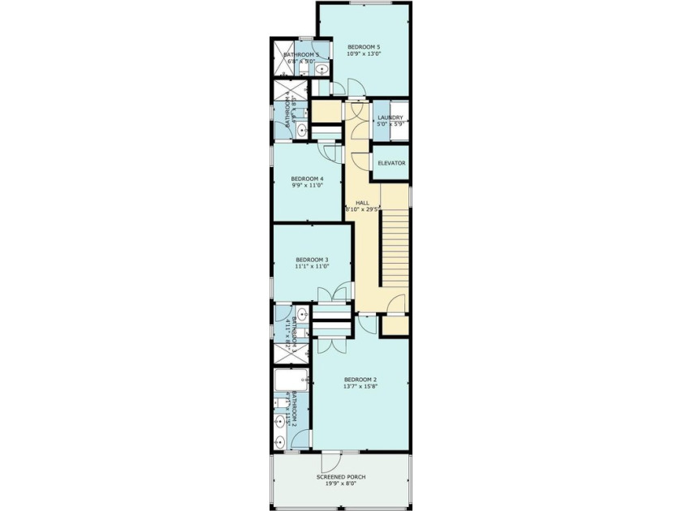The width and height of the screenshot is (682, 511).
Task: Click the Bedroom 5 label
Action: click(363, 47)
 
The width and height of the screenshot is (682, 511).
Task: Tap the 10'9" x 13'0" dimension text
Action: click(363, 54)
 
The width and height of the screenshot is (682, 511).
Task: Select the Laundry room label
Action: click(391, 118)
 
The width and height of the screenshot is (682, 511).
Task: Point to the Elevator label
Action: click(391, 163)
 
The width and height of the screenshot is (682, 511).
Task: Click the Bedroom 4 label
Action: click(307, 178)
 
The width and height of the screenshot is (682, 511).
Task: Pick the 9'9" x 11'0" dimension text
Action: click(307, 186)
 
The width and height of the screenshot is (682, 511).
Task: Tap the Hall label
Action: click(362, 201)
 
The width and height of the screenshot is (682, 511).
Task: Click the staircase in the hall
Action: click(394, 247)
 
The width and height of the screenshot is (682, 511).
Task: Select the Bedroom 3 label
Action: click(312, 260)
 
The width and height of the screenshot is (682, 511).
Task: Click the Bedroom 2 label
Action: click(360, 379)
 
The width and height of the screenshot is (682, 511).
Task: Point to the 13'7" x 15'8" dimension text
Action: click(360, 386)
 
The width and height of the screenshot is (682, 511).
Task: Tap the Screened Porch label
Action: click(340, 477)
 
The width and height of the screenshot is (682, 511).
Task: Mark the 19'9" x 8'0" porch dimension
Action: click(340, 484)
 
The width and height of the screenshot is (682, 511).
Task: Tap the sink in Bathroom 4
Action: click(301, 131)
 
